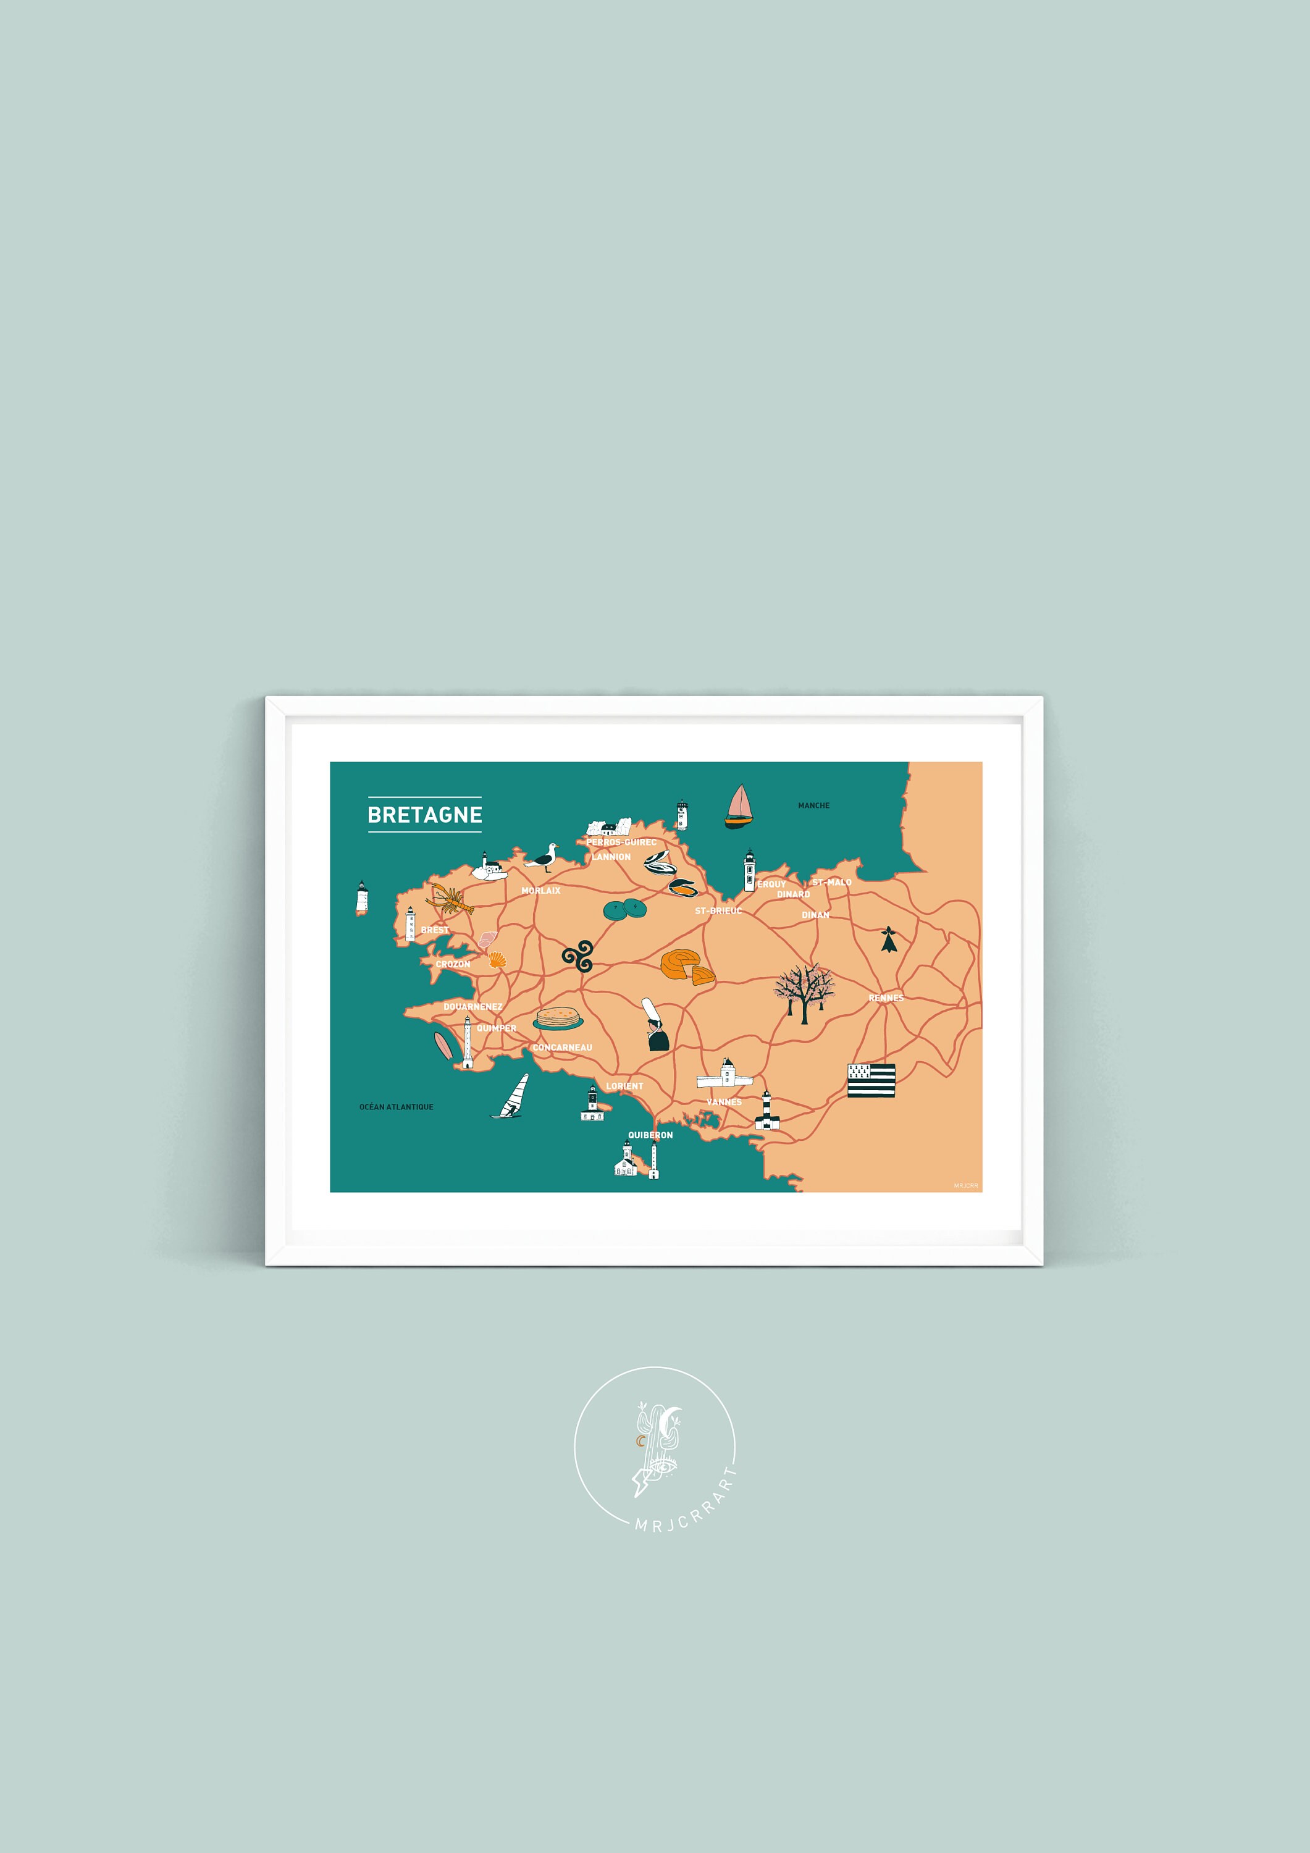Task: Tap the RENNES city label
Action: (886, 998)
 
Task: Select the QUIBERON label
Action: (650, 1135)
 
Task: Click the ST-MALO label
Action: (831, 882)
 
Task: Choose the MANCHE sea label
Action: (813, 805)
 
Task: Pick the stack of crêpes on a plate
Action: (558, 1019)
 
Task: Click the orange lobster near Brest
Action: (450, 899)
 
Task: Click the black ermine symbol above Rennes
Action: (889, 939)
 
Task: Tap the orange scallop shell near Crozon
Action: (497, 960)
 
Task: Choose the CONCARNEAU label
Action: (563, 1048)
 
